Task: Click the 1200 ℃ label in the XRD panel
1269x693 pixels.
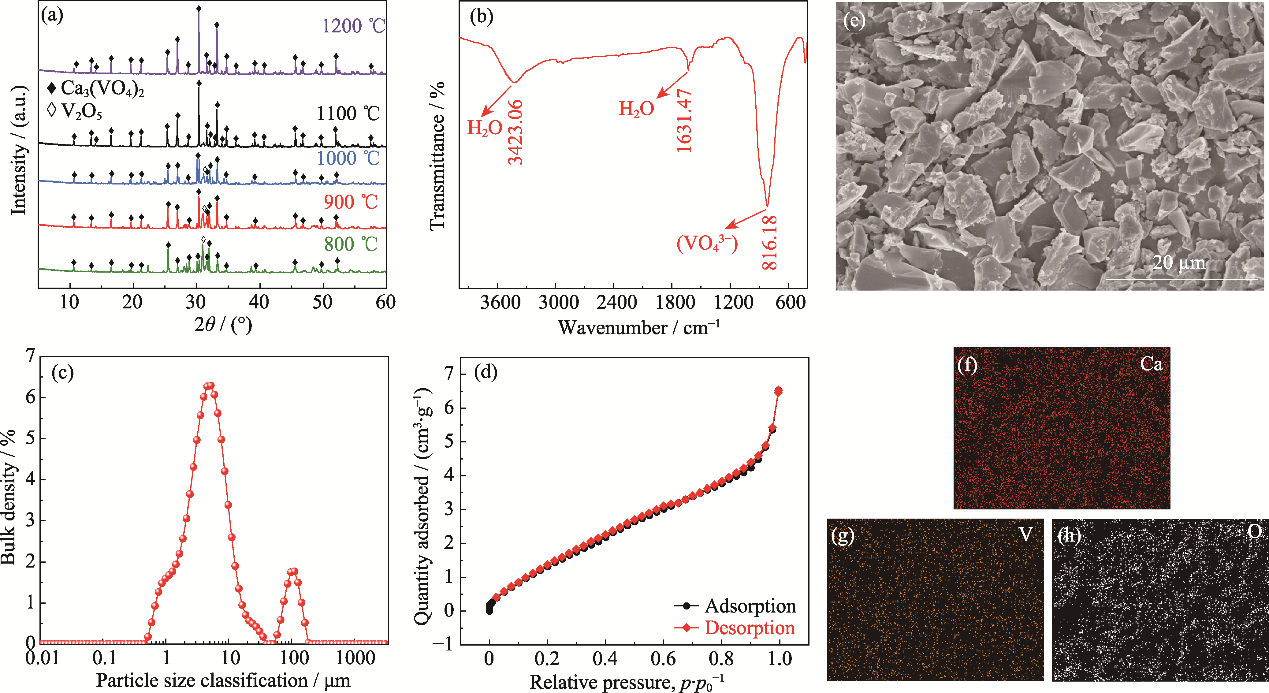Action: pos(353,26)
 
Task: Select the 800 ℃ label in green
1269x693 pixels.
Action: pos(350,244)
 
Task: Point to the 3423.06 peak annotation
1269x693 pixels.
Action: pos(516,132)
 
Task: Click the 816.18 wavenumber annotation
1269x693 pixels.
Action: pos(769,242)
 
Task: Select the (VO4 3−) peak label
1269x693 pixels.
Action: pos(707,243)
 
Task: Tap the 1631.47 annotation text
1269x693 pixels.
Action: pos(684,121)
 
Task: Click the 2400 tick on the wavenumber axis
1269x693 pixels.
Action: pos(616,302)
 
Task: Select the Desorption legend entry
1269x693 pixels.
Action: pos(749,628)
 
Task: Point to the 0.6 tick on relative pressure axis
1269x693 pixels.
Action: pos(664,658)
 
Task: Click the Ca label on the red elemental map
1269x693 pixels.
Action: pos(1151,364)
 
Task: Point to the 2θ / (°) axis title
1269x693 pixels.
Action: pos(223,325)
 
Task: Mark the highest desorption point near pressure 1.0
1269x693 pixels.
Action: pos(778,391)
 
